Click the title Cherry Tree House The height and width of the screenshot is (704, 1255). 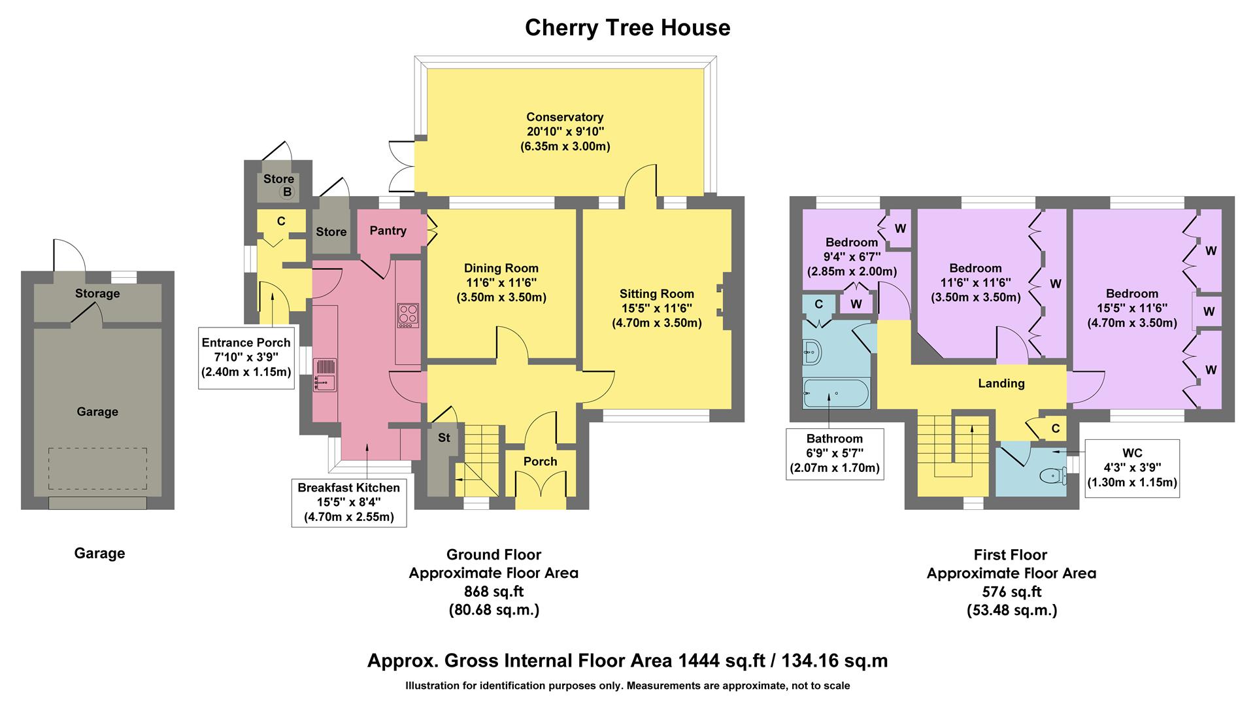627,28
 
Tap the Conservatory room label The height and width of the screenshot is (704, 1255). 565,117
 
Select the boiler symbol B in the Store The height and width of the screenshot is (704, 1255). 286,192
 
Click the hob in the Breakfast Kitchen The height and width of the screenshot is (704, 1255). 408,315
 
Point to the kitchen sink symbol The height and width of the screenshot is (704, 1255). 325,376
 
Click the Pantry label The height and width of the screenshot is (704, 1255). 388,231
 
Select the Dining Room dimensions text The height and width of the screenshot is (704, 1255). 501,290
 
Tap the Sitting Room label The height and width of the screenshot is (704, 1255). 656,294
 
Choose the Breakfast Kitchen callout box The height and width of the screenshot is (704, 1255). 348,502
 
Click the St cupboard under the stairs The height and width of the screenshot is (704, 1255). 444,438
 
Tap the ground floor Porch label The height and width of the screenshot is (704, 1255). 540,461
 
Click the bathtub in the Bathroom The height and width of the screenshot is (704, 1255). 835,394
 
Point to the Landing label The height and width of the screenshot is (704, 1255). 1001,384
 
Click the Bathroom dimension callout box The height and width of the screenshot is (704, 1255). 835,453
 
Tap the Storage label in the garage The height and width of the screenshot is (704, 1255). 97,293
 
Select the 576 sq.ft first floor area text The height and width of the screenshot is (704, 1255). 1011,592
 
